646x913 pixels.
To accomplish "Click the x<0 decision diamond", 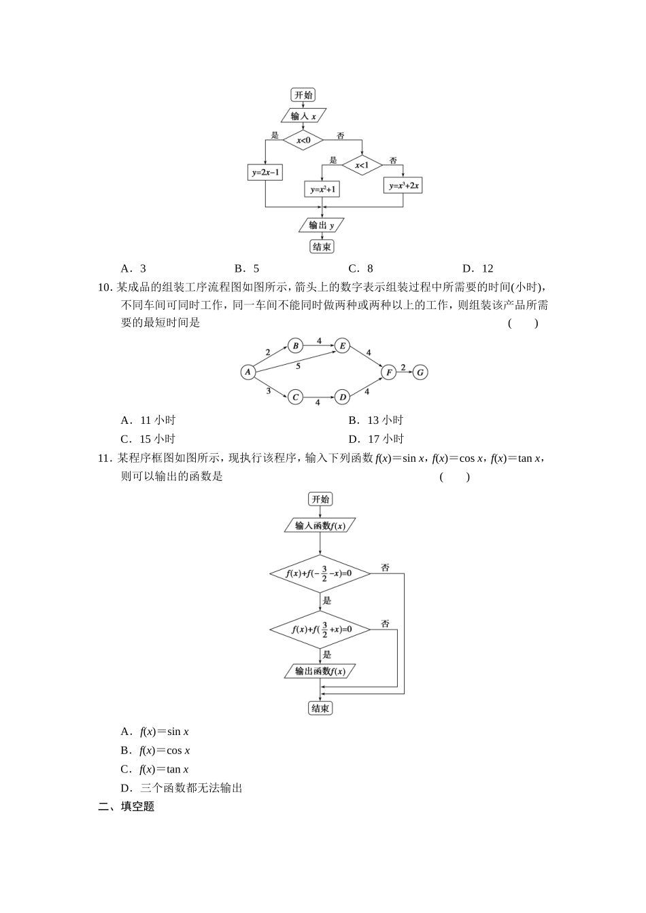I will click(303, 141).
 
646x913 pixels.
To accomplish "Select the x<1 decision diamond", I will click(362, 165).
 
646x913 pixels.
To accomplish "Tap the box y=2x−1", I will click(265, 173).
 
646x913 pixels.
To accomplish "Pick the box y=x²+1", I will click(322, 190).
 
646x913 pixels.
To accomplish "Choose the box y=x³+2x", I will click(403, 185).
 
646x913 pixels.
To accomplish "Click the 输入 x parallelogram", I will click(303, 116).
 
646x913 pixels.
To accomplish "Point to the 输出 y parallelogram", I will click(322, 225).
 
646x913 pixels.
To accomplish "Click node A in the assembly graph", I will click(248, 372).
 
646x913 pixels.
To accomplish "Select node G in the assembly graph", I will click(421, 372).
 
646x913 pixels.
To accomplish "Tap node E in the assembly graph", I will click(343, 346).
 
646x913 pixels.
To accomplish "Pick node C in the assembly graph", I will click(295, 397).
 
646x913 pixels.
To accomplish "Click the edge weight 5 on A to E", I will click(298, 366).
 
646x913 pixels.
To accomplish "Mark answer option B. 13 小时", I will click(375, 420).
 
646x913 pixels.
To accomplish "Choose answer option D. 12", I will click(477, 268).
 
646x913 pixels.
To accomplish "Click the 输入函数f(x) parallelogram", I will click(320, 525).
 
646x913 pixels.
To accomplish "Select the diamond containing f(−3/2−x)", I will click(320, 573).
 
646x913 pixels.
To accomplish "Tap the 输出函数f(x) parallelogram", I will click(320, 671).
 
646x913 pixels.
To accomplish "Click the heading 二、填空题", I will click(126, 807).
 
